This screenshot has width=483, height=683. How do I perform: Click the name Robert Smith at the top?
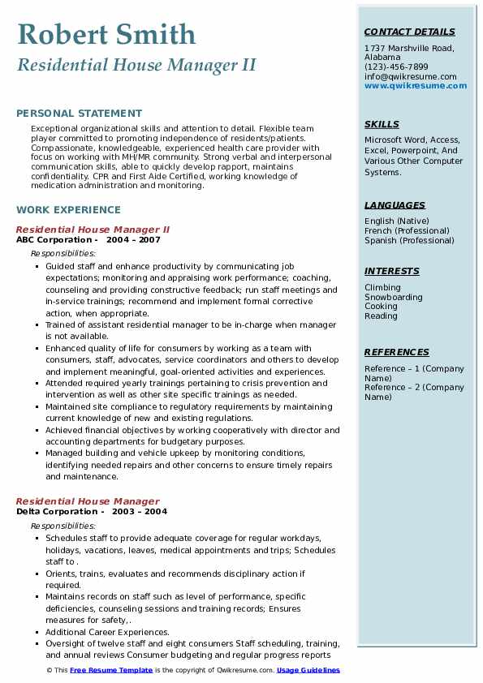[x=106, y=34]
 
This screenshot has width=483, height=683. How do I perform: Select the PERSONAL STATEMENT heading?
[x=79, y=114]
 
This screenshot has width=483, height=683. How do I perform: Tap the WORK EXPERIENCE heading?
[x=68, y=209]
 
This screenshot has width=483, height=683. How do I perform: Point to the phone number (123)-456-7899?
[x=396, y=67]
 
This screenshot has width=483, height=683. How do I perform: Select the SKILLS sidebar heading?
[x=382, y=124]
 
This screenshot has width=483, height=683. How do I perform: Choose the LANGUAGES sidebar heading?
[x=395, y=205]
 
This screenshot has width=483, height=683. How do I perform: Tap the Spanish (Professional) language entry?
[x=410, y=240]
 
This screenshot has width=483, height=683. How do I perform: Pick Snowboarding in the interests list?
[x=393, y=297]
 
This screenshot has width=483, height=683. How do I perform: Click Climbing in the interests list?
[x=382, y=287]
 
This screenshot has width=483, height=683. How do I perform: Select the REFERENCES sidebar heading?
[x=396, y=352]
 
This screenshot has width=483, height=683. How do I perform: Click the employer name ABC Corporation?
[x=54, y=240]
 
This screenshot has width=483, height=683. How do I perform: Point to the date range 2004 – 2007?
[x=133, y=240]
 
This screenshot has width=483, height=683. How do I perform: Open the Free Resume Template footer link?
[x=111, y=670]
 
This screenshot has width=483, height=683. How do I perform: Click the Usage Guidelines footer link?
[x=308, y=670]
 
